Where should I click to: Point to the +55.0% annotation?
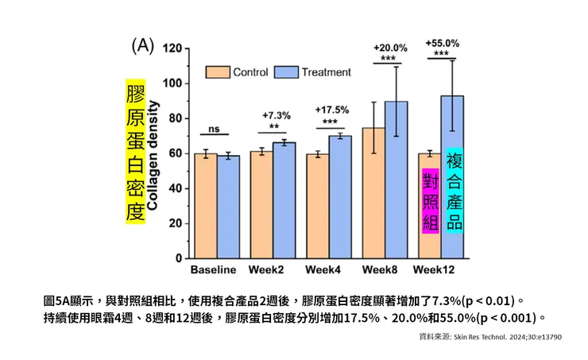coord(442,43)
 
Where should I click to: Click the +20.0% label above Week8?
coord(389,48)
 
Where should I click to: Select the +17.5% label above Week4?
coord(331,110)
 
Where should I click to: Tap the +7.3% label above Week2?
coord(276,115)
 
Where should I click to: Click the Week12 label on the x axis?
coord(434,271)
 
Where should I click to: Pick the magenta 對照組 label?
coord(430,199)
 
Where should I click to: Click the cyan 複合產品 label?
coord(455,189)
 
